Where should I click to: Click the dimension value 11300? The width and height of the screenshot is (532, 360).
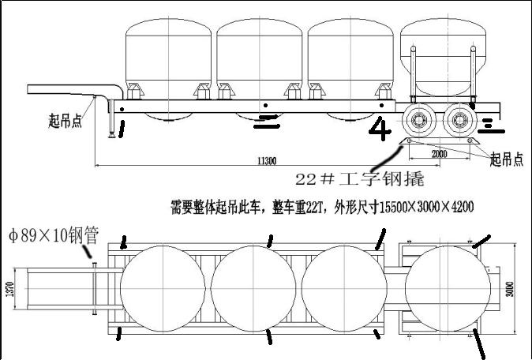coord(266,161)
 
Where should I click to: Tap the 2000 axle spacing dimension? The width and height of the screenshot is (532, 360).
coord(440,154)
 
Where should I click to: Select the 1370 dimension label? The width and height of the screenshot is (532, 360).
coord(9,289)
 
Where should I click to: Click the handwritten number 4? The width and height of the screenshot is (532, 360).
coord(380,128)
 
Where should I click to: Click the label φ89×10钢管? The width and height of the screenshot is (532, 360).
coord(53,234)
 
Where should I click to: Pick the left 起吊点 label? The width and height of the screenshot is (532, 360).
coord(66,121)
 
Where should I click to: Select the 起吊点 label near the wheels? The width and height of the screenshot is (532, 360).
coord(507,159)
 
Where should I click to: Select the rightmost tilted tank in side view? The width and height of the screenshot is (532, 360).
coord(438,59)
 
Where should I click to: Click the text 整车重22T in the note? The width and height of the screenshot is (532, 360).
coord(304,208)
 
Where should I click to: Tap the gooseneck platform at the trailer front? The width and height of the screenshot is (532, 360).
coord(63,88)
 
